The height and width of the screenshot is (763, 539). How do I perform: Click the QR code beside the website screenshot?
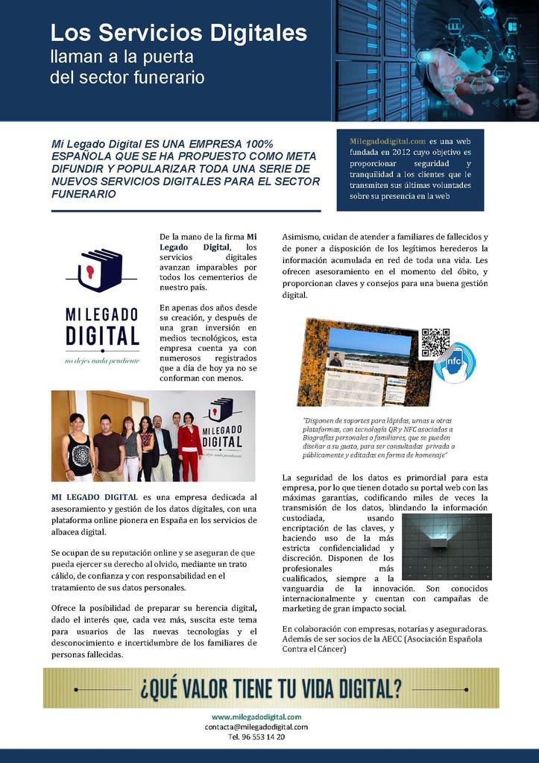[x=435, y=343]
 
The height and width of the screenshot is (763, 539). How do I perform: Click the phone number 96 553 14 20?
[x=256, y=736]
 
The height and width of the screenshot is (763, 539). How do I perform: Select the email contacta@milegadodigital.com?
[x=256, y=726]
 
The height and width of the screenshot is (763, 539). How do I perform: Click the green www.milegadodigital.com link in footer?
[x=256, y=717]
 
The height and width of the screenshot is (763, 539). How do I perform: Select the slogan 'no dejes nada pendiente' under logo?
[x=101, y=361]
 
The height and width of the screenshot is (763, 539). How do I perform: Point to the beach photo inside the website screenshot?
[x=369, y=343]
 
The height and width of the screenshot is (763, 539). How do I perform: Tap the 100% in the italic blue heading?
[x=237, y=143]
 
